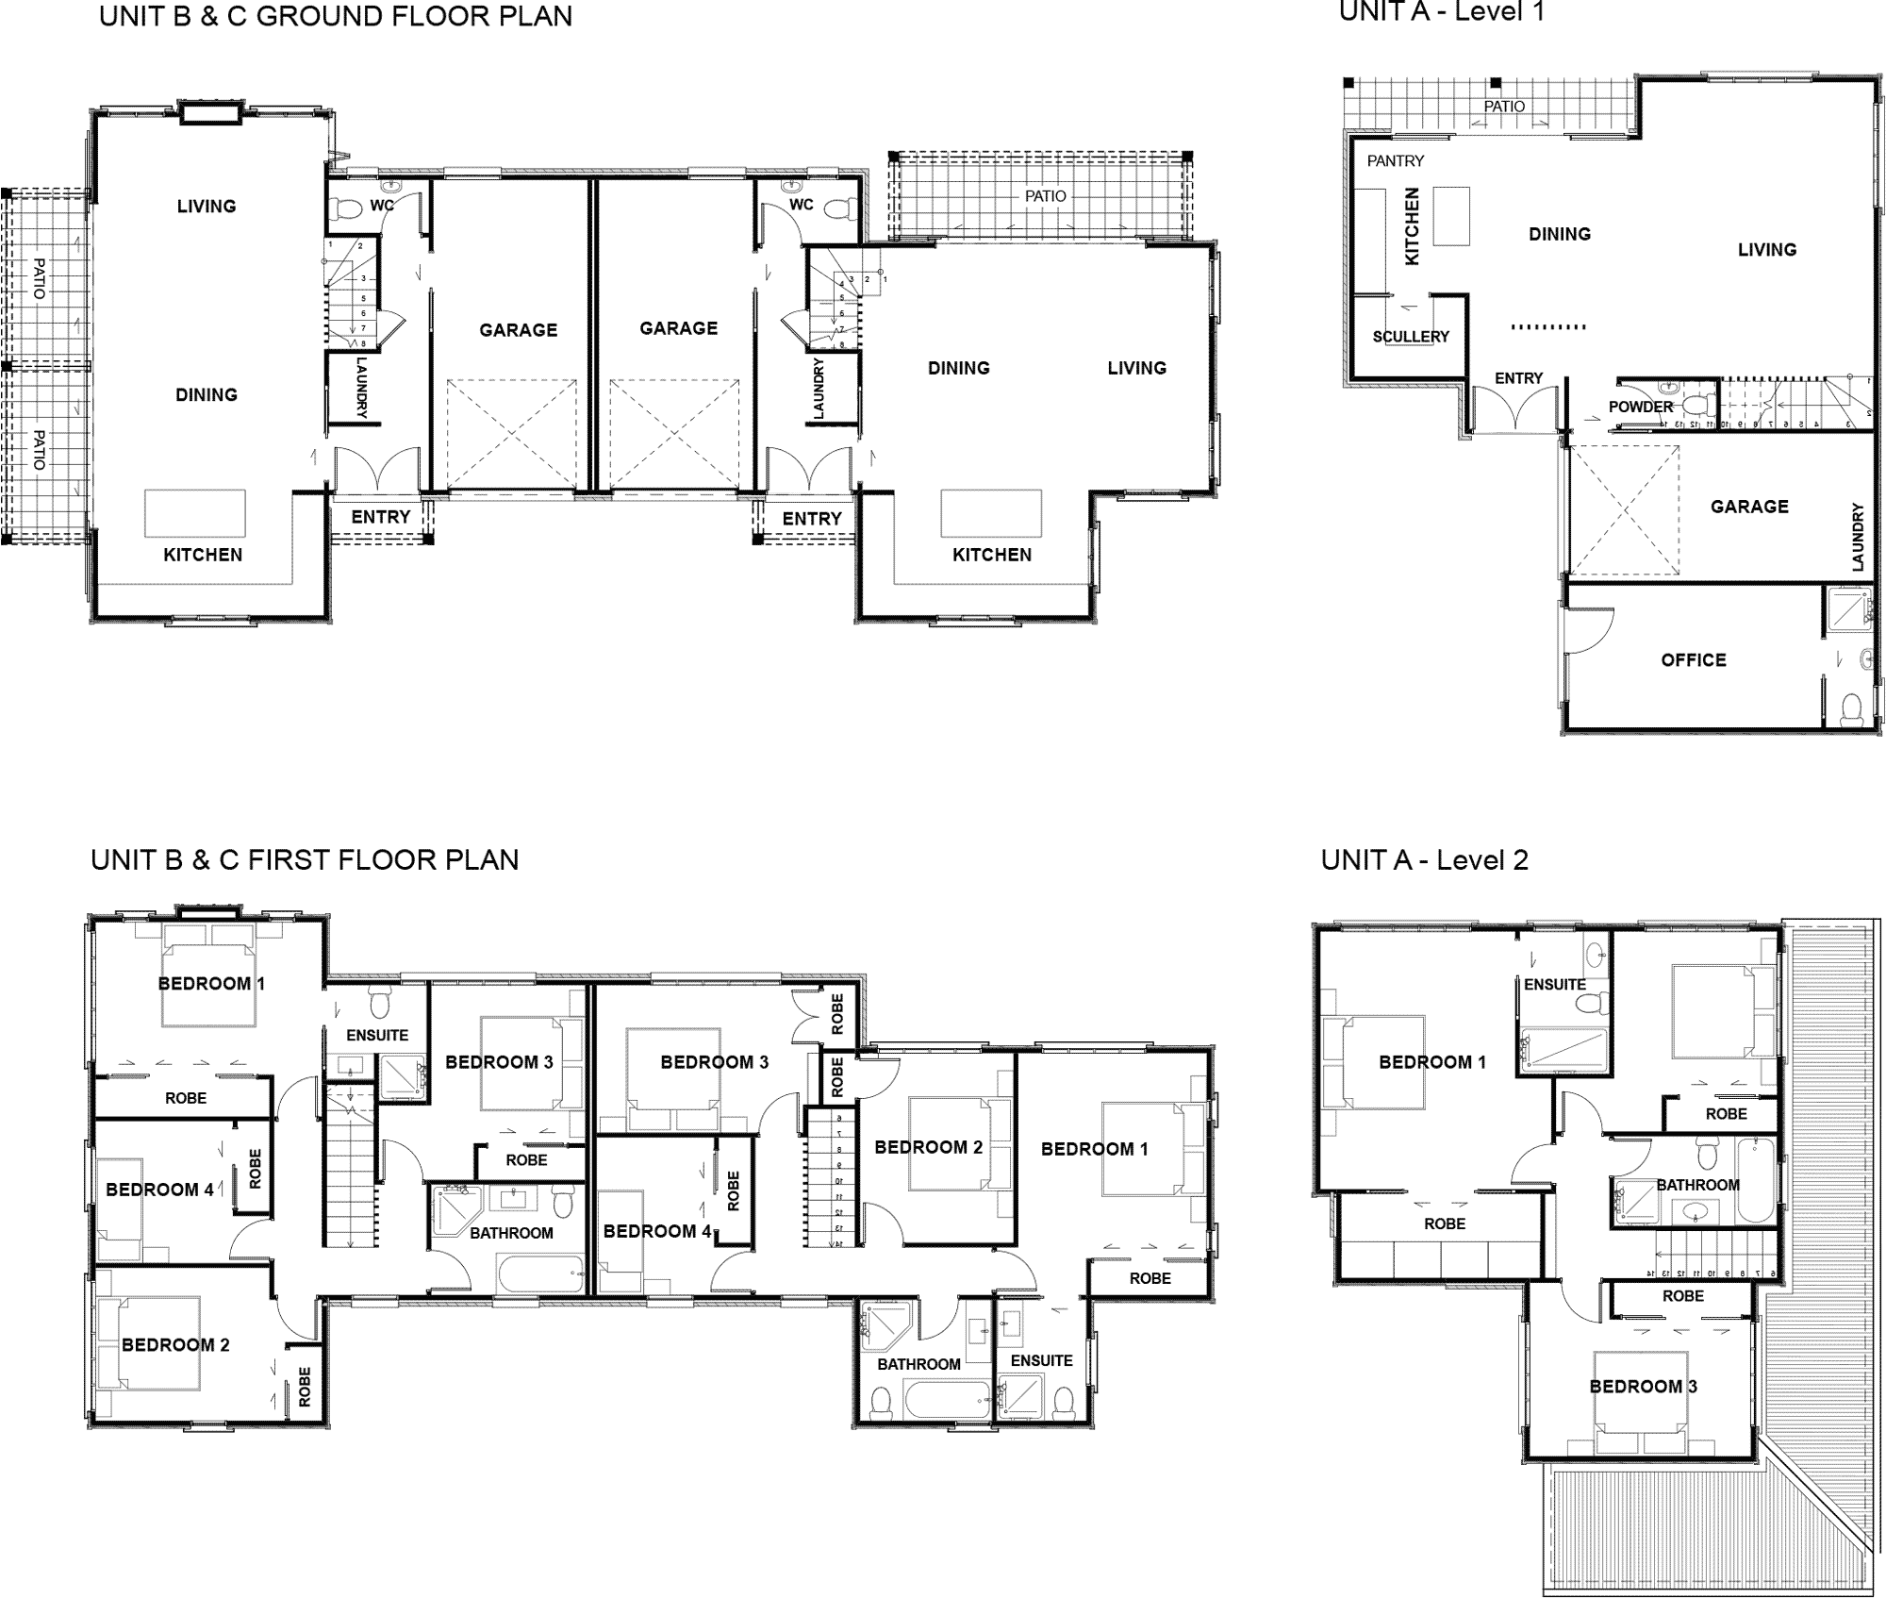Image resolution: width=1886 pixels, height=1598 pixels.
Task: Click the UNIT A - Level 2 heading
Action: click(x=1424, y=860)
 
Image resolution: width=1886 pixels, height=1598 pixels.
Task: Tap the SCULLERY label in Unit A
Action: click(x=1411, y=337)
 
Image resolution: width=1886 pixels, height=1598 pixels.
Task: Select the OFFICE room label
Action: click(x=1694, y=660)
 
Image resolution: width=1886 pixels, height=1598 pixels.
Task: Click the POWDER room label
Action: click(x=1641, y=407)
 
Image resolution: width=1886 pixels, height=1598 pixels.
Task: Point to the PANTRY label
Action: click(x=1396, y=161)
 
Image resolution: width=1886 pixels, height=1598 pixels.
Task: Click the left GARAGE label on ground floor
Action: click(x=518, y=330)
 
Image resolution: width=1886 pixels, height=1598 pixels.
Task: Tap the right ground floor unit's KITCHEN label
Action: click(x=991, y=555)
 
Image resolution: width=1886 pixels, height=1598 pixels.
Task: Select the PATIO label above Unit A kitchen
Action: click(x=1504, y=107)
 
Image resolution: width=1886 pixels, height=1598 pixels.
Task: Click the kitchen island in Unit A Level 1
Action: click(x=1452, y=216)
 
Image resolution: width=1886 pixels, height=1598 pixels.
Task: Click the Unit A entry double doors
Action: click(x=1515, y=413)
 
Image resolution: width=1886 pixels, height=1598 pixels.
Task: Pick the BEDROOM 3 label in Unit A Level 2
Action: click(x=1643, y=1387)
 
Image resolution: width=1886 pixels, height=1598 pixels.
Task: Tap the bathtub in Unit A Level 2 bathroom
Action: click(x=1756, y=1180)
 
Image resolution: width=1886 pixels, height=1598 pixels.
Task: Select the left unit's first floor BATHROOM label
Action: click(x=511, y=1233)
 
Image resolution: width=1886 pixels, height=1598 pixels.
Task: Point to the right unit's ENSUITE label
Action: click(x=1041, y=1360)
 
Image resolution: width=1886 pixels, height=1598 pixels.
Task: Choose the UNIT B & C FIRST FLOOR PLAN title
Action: click(x=305, y=860)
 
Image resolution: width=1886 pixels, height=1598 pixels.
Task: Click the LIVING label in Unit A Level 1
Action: click(x=1766, y=250)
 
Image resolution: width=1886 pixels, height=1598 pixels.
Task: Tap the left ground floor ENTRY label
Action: click(x=380, y=517)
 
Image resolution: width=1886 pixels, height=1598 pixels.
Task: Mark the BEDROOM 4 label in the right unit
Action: click(x=656, y=1231)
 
